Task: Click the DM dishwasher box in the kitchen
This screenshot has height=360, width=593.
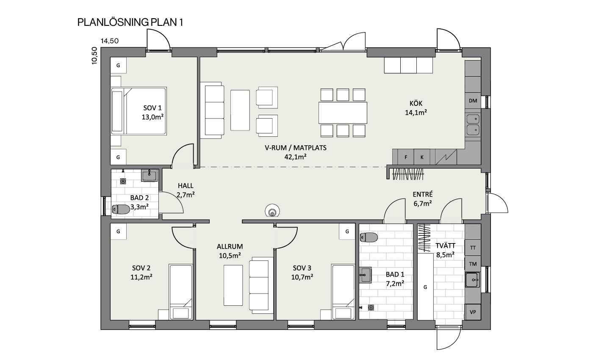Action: (x=473, y=101)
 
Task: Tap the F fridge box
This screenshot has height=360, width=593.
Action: (x=406, y=157)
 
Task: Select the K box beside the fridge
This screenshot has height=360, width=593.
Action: (x=422, y=157)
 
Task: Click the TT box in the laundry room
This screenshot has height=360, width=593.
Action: (x=473, y=248)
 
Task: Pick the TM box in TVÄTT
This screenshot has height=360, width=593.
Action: (x=473, y=263)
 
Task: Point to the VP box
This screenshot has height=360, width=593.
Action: (x=473, y=312)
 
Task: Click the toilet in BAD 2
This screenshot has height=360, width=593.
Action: (x=121, y=209)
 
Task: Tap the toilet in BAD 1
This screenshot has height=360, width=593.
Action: (x=369, y=237)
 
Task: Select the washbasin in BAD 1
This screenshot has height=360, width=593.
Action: (x=365, y=275)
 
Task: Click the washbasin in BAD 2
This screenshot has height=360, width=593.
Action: (x=149, y=175)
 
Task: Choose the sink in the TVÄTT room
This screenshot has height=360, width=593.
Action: (x=473, y=280)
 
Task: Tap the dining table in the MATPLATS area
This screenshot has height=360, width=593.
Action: (x=343, y=113)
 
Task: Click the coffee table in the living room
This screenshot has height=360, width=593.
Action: (x=240, y=110)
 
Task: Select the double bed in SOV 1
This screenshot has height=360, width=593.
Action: (x=139, y=111)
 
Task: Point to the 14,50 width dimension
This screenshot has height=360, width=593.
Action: (x=110, y=41)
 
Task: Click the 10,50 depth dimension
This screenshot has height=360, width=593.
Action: (x=94, y=55)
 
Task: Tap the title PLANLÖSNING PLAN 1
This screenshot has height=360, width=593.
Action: (x=130, y=22)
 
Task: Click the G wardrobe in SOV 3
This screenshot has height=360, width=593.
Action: (x=347, y=231)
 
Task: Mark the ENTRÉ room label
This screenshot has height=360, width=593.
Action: (x=423, y=194)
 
